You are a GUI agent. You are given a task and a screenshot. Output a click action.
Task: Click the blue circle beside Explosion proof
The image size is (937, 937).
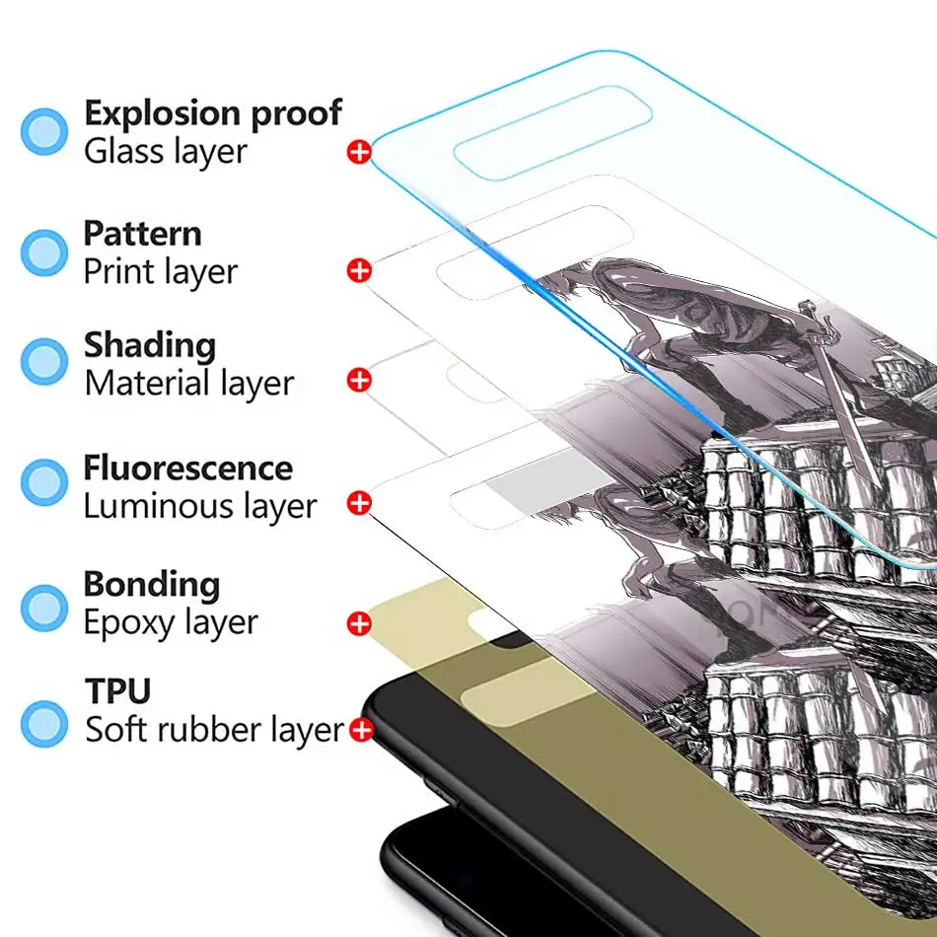pos(44,131)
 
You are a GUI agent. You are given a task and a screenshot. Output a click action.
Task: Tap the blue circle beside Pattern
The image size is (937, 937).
pos(44,252)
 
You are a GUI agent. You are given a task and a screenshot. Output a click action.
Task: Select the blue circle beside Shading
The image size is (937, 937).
pos(44,361)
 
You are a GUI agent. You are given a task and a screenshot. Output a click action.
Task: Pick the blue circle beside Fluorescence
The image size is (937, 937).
pos(44,482)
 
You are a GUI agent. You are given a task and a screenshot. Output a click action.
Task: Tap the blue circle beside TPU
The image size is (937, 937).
pos(44,722)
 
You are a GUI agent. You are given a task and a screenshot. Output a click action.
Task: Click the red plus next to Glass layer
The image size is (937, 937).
pos(359,152)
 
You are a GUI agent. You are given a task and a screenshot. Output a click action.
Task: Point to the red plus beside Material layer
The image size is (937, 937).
pos(359,380)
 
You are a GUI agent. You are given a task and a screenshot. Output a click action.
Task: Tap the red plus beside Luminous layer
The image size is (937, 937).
pos(359,503)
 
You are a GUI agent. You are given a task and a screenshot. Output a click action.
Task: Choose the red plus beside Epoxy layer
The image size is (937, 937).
pos(359,623)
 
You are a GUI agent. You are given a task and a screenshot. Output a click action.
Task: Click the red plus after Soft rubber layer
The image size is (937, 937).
pos(361,731)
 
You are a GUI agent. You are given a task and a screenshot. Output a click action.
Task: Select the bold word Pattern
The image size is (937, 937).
pos(142,234)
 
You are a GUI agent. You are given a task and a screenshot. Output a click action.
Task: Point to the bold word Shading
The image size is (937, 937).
pos(149,346)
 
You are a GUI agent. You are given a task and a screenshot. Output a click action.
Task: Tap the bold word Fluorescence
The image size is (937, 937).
pos(187,467)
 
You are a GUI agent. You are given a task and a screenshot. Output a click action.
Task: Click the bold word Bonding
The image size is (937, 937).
pos(151,585)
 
